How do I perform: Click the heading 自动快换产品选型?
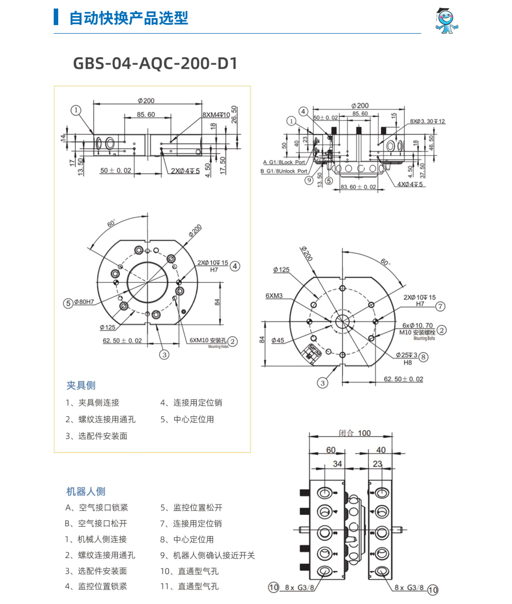pos(129,19)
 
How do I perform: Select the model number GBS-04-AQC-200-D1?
pos(155,63)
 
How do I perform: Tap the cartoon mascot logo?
pos(446,22)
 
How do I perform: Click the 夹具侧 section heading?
pos(81,385)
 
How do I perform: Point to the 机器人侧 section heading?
pos(86,491)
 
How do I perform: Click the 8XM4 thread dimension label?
pos(216,115)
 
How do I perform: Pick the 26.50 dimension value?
pos(234,116)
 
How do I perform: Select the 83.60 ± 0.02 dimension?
pos(358,187)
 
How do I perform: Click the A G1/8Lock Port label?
pos(284,162)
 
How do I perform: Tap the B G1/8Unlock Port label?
pos(284,171)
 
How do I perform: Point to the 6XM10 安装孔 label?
pos(208,340)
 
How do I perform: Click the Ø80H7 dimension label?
pos(84,302)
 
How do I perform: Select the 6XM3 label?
pos(274,296)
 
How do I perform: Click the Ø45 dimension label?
pos(278,340)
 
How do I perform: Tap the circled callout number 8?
pos(424,356)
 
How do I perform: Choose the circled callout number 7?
pos(440,306)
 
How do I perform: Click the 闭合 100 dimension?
pos(354,433)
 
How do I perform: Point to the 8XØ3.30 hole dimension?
pos(427,121)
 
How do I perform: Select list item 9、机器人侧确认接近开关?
pos(207,555)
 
